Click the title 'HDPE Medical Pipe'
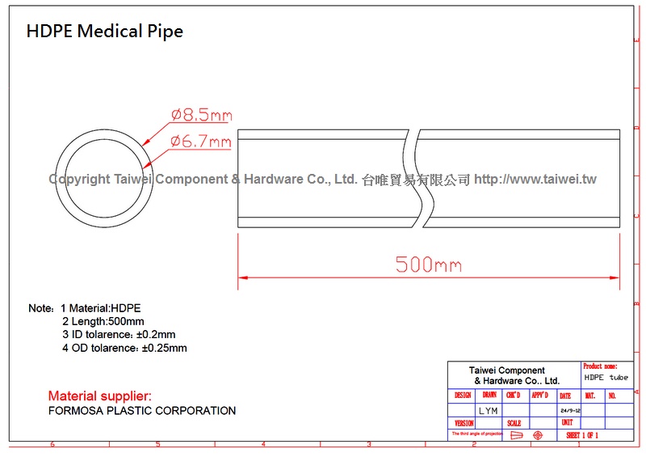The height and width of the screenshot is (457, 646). point(105,32)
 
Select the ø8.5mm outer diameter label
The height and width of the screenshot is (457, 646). point(201,115)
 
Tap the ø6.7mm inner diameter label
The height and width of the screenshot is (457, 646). point(201,142)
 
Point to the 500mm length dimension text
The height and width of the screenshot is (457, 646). point(429,264)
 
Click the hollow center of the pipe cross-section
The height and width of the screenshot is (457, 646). point(102,178)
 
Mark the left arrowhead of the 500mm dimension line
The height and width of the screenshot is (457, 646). point(242,277)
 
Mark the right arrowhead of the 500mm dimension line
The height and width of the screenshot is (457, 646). point(616,277)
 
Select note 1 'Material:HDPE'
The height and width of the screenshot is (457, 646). point(105,308)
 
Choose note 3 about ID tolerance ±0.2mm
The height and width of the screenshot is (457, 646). point(119,334)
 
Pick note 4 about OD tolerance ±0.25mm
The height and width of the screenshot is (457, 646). point(124,348)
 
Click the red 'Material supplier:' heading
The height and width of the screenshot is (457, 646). point(99,396)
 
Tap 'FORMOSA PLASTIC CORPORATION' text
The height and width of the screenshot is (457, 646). point(142,411)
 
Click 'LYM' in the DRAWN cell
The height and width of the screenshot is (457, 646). point(489,410)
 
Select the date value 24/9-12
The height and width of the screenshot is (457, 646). point(570,410)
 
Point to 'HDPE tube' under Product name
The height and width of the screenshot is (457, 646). point(606,378)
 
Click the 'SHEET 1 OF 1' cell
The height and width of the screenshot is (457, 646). point(582,435)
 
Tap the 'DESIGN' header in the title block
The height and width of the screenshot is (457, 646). point(464,396)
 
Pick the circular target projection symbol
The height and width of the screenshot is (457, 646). point(538,435)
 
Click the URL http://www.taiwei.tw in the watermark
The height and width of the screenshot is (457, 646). point(535,179)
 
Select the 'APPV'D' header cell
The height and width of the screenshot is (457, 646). point(540,396)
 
